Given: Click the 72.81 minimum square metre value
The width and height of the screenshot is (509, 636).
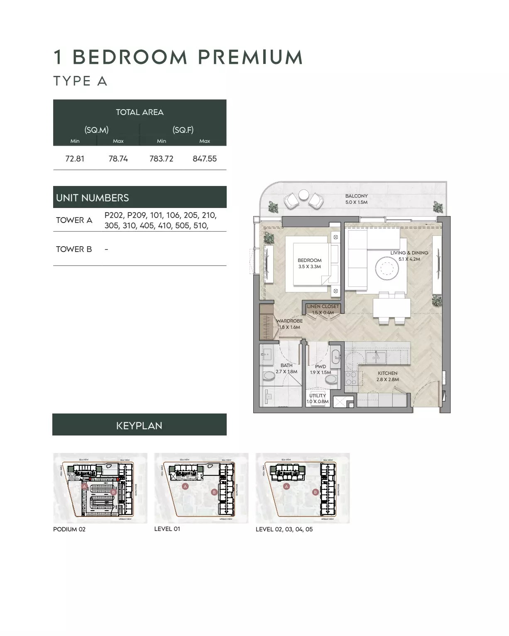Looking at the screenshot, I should pos(75,159).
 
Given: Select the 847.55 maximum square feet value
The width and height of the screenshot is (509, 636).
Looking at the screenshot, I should pos(204,159).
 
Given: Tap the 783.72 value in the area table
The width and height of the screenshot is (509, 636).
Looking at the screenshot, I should pos(161,159).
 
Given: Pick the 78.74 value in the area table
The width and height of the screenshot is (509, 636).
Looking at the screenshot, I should pos(118,159).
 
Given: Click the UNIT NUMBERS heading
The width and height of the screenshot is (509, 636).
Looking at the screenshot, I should pos(93,198).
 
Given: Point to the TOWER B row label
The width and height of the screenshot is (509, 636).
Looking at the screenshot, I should pos(74,249).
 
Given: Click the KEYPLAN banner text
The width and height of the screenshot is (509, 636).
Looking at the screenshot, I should pos(139,426).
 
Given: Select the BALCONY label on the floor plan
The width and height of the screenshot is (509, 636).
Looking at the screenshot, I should pos(356,196).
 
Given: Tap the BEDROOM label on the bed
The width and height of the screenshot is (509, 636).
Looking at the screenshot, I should pos(309,260).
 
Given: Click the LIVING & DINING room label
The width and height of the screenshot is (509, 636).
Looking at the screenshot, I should pos(409,253).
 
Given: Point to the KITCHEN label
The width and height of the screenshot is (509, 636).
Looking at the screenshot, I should pos(387,373).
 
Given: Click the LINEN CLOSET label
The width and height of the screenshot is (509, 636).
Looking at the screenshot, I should pos(323,306).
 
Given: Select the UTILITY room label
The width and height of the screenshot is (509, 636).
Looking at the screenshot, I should pos(317,396).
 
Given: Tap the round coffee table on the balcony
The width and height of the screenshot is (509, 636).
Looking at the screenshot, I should pos(303,195).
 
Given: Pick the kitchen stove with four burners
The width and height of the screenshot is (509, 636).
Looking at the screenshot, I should pos(351,378).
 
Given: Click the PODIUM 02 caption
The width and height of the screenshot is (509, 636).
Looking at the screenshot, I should pos(69,529).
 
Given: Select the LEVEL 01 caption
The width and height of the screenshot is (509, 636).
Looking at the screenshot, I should pos(167,529).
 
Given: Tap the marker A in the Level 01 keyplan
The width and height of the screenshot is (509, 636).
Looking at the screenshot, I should pos(185,486).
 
